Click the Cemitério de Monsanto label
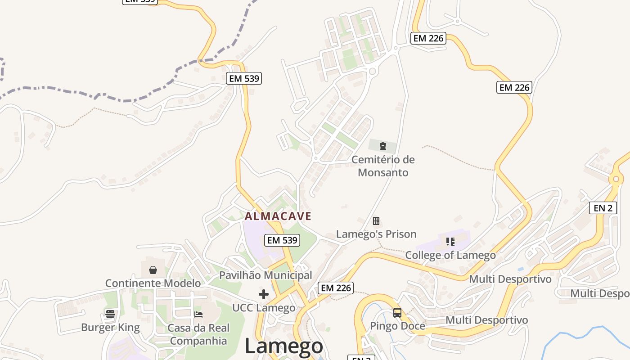tap(383, 166)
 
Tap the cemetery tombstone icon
tap(382, 146)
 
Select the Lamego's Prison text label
tap(376, 234)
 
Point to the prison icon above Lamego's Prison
tap(376, 220)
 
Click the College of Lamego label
tap(450, 255)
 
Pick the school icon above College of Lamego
tap(450, 242)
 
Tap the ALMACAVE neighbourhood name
tap(278, 216)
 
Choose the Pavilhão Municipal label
tap(265, 275)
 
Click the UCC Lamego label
tap(264, 308)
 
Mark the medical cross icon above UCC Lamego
tap(264, 294)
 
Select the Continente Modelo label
tap(153, 283)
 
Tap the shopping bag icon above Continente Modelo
tap(153, 270)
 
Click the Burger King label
tap(110, 327)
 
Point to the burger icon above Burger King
tap(110, 314)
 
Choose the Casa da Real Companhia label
tap(198, 334)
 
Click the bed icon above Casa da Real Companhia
tap(198, 314)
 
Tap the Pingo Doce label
tap(397, 326)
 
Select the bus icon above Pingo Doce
tap(397, 312)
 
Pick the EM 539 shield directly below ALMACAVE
tap(282, 240)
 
